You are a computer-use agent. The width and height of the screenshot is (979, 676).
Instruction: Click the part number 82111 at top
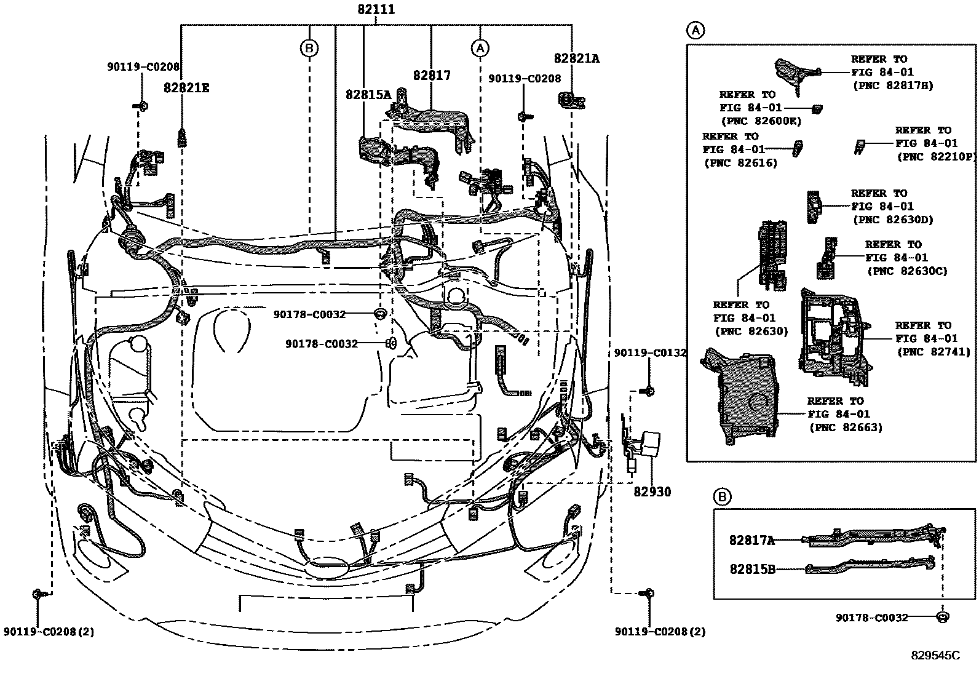(x=376, y=10)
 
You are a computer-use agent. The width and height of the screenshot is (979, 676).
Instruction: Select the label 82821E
(x=186, y=88)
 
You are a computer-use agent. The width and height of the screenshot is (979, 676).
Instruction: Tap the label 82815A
(x=368, y=94)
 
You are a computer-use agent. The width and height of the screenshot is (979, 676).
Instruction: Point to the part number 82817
(x=432, y=76)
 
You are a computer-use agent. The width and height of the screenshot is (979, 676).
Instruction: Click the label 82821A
(x=576, y=58)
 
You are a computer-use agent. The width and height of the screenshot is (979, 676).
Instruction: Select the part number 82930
(x=652, y=491)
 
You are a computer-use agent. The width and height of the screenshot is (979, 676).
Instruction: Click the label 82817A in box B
(x=751, y=540)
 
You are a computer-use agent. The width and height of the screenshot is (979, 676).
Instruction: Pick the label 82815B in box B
(x=752, y=569)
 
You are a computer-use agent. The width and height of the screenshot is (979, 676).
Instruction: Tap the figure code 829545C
(x=935, y=656)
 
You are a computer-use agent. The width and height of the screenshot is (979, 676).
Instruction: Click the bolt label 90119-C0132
(x=650, y=352)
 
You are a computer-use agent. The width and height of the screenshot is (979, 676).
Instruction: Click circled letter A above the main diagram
(x=480, y=47)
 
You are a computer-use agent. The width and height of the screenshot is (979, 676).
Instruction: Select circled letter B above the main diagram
(x=309, y=47)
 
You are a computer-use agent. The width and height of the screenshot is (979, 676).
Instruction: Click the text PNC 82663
(x=846, y=427)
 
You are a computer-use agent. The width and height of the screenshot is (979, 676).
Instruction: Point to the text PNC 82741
(x=933, y=352)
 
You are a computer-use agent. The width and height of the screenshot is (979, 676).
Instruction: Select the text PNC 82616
(x=740, y=163)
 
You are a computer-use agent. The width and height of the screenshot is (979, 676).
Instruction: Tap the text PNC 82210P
(x=937, y=157)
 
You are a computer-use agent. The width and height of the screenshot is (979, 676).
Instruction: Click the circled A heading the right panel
(x=695, y=30)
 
